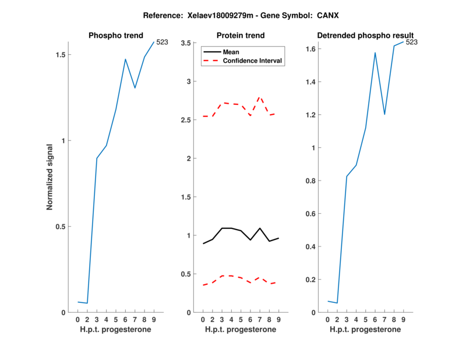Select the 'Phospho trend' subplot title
tap(115, 36)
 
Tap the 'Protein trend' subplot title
tap(241, 36)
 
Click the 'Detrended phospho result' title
tap(365, 36)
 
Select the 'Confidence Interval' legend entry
tap(253, 61)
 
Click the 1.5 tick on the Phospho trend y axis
tap(59, 55)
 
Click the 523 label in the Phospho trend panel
tap(162, 42)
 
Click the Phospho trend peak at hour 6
tap(125, 59)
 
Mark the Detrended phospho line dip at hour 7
tap(384, 114)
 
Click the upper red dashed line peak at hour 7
tap(260, 97)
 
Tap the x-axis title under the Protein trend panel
tap(241, 330)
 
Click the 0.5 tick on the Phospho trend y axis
tap(59, 227)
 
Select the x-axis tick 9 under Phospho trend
tap(154, 320)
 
